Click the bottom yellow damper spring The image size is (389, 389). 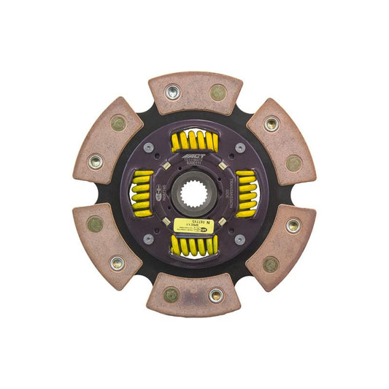(x=195, y=246)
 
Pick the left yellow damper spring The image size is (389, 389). (x=142, y=194)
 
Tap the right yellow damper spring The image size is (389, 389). (x=247, y=193)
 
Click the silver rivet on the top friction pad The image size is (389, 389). (x=173, y=92)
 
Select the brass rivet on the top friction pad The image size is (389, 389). (x=217, y=92)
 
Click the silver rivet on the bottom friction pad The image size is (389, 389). (x=216, y=296)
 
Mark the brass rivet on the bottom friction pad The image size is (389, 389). (x=172, y=295)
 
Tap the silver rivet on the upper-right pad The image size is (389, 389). (x=271, y=124)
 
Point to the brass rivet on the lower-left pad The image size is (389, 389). (x=96, y=224)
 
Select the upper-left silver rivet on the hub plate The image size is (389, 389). (x=149, y=147)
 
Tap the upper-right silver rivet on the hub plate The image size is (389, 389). (x=240, y=147)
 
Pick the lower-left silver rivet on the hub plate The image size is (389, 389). (x=149, y=239)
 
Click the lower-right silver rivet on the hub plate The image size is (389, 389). (x=240, y=239)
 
